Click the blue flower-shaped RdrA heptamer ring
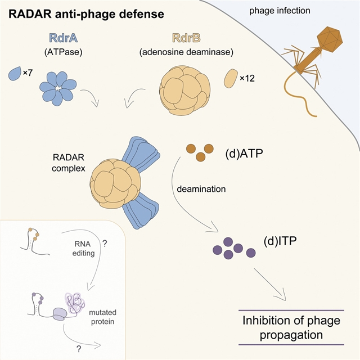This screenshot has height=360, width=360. point(58,89)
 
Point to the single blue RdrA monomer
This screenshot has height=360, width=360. point(15,73)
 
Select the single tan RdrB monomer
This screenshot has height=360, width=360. point(229,78)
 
